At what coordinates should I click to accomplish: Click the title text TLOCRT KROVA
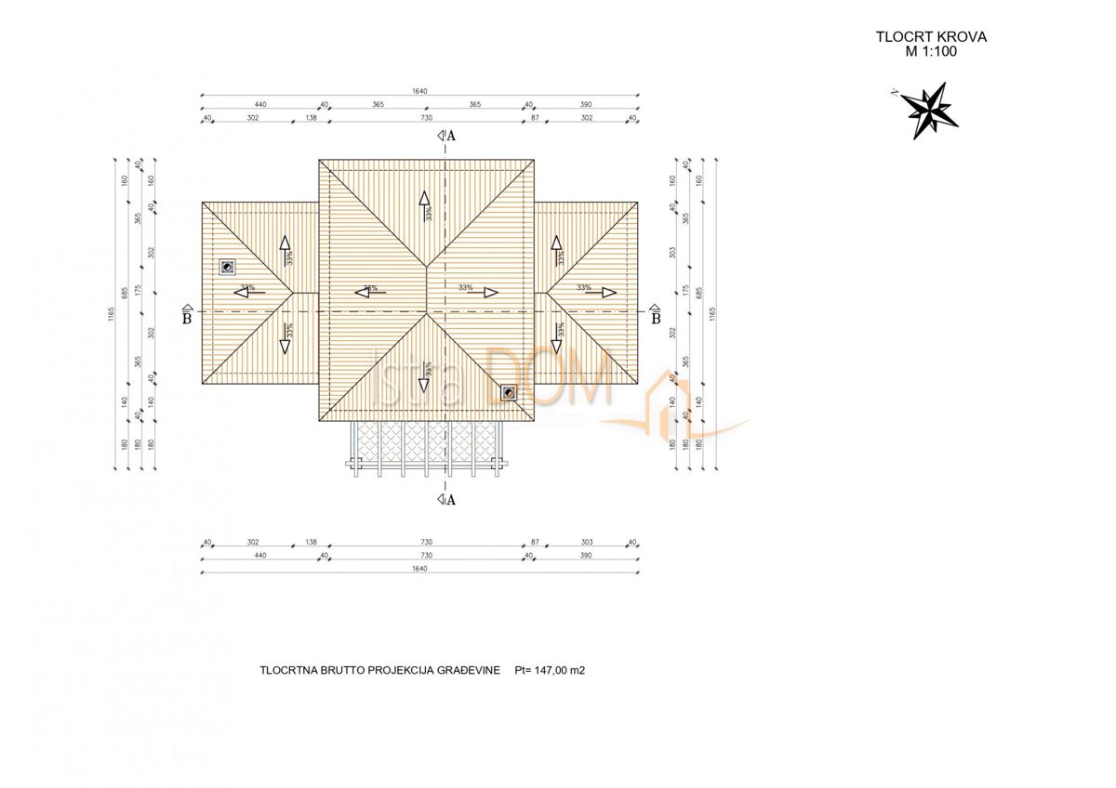(931, 37)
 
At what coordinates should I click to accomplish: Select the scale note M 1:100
(931, 52)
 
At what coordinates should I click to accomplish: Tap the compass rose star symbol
(933, 110)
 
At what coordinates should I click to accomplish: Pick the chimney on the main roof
(508, 393)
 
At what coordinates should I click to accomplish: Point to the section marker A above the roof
(447, 135)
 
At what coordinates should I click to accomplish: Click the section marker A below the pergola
(447, 500)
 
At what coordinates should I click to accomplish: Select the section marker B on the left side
(187, 315)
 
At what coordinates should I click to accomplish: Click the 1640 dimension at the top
(419, 91)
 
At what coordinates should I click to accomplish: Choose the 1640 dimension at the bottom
(419, 569)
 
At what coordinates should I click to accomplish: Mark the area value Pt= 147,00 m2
(556, 669)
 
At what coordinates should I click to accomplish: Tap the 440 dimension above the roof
(260, 105)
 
